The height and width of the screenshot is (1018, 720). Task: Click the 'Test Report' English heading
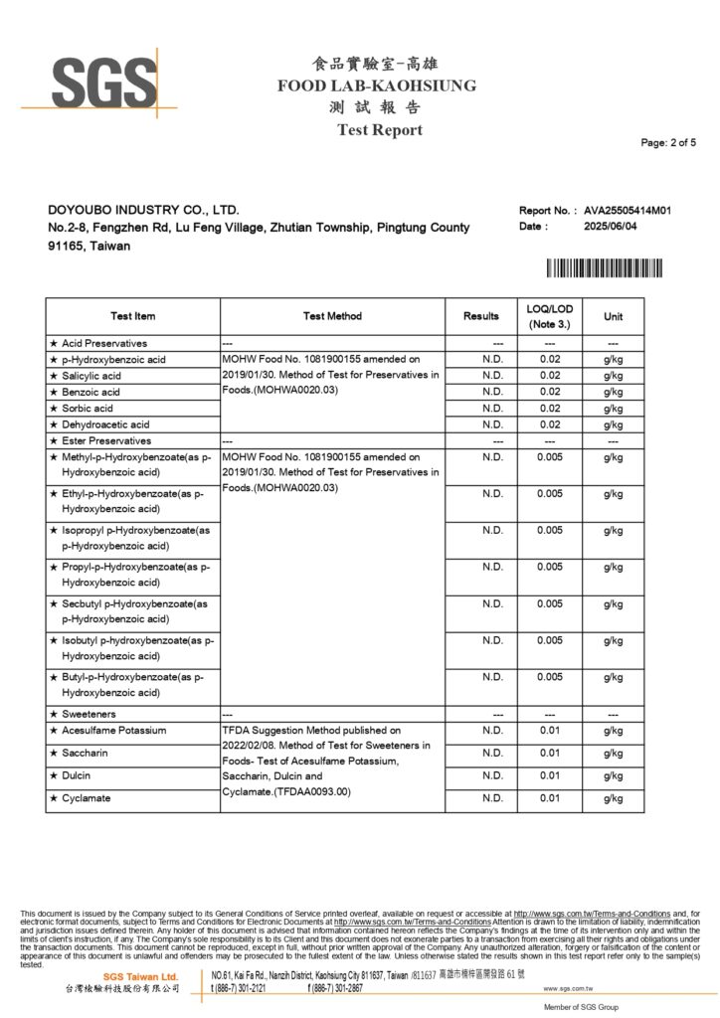click(379, 130)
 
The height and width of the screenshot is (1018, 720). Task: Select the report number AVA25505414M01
click(628, 211)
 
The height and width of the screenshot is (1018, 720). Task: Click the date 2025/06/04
click(611, 226)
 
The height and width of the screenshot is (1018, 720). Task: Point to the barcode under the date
click(604, 267)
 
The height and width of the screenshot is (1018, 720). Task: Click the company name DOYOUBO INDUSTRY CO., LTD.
click(143, 211)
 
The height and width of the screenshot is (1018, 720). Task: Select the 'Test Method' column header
click(332, 316)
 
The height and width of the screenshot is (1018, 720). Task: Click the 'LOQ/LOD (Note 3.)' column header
click(549, 316)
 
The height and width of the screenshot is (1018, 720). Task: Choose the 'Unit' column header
click(613, 316)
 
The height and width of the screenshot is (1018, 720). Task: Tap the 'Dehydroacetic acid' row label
click(105, 424)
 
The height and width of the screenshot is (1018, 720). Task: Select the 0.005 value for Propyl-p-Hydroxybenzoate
click(549, 567)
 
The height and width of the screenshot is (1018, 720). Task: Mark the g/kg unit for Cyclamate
click(613, 798)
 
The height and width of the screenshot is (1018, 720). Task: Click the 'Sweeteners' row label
click(89, 714)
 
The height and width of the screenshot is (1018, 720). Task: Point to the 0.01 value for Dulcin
click(549, 775)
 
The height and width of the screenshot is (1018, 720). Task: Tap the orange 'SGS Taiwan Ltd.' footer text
click(140, 977)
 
